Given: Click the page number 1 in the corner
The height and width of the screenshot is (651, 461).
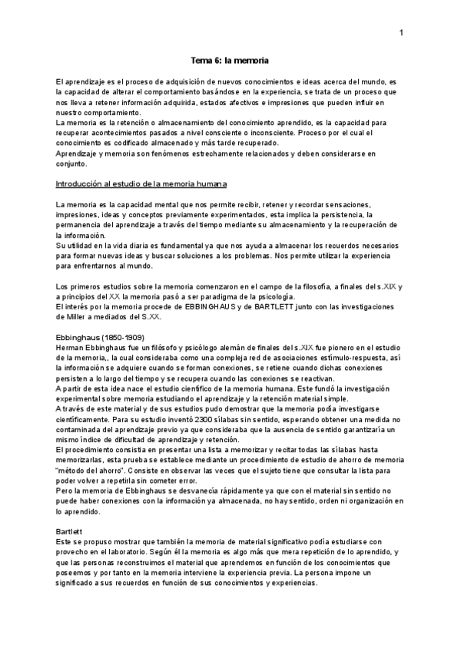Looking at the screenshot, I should (401, 33).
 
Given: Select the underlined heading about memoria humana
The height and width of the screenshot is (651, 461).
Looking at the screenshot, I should (141, 184).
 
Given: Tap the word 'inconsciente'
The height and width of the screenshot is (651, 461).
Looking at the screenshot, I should (283, 133).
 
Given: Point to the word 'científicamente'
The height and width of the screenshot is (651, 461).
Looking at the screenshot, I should (82, 408).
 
